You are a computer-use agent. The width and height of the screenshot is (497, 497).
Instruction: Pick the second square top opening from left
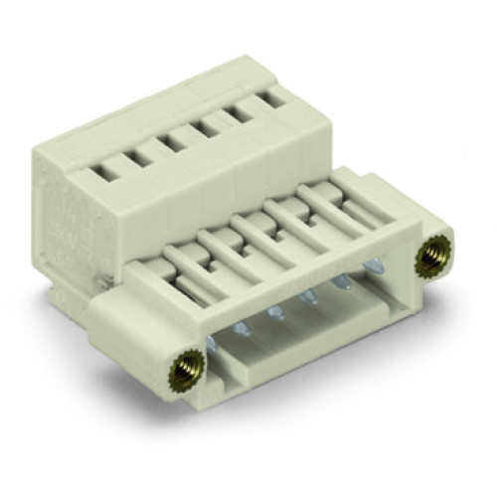coord(141,158)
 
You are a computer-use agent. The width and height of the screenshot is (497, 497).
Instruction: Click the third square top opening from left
coord(175,143)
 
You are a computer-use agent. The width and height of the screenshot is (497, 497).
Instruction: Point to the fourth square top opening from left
coord(210,127)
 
